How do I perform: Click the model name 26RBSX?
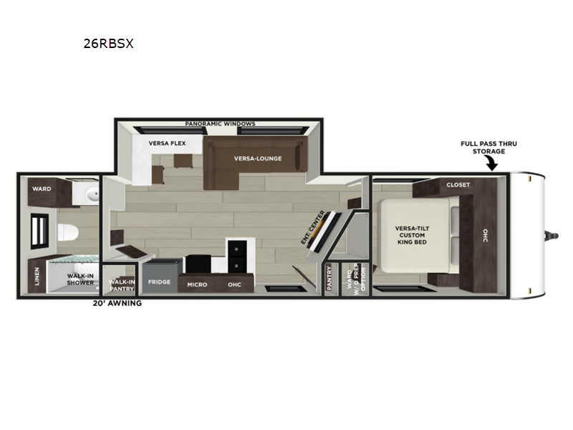click(x=109, y=44)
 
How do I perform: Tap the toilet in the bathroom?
click(x=68, y=232)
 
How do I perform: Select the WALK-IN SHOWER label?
click(x=80, y=279)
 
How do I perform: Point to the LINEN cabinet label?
click(x=37, y=276)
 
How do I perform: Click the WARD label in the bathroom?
click(x=42, y=189)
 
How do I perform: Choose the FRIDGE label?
click(x=159, y=282)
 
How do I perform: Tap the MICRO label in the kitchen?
click(x=197, y=285)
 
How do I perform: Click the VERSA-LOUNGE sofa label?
click(x=258, y=158)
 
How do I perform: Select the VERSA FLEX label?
click(x=167, y=143)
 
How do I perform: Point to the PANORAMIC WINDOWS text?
click(x=220, y=123)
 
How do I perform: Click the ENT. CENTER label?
click(x=312, y=227)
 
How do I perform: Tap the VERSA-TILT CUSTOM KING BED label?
click(x=412, y=235)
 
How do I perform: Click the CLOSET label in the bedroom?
click(x=458, y=185)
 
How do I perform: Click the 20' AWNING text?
click(x=117, y=303)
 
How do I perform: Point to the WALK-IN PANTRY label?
click(x=122, y=285)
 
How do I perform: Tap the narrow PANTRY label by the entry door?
click(x=329, y=278)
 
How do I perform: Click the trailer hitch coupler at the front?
click(x=552, y=236)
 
